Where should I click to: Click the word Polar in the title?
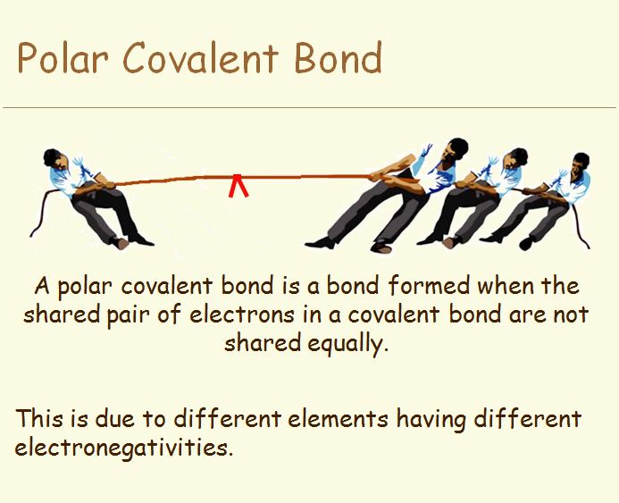pos(63,58)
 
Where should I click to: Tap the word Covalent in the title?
pos(201,58)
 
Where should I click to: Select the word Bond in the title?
pos(339,58)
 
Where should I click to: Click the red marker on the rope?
pos(238,185)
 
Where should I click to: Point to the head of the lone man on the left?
pos(54,158)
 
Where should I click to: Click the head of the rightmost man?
pos(581,163)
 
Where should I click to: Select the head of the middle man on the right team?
pos(515,158)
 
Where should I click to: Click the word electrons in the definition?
pos(241,314)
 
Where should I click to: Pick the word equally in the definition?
pos(346,343)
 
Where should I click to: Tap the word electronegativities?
pos(122,449)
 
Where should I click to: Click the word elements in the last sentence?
pos(338,418)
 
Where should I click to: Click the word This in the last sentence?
pos(39,418)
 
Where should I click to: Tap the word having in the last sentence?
pos(431,420)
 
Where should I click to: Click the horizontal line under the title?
pos(309,107)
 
